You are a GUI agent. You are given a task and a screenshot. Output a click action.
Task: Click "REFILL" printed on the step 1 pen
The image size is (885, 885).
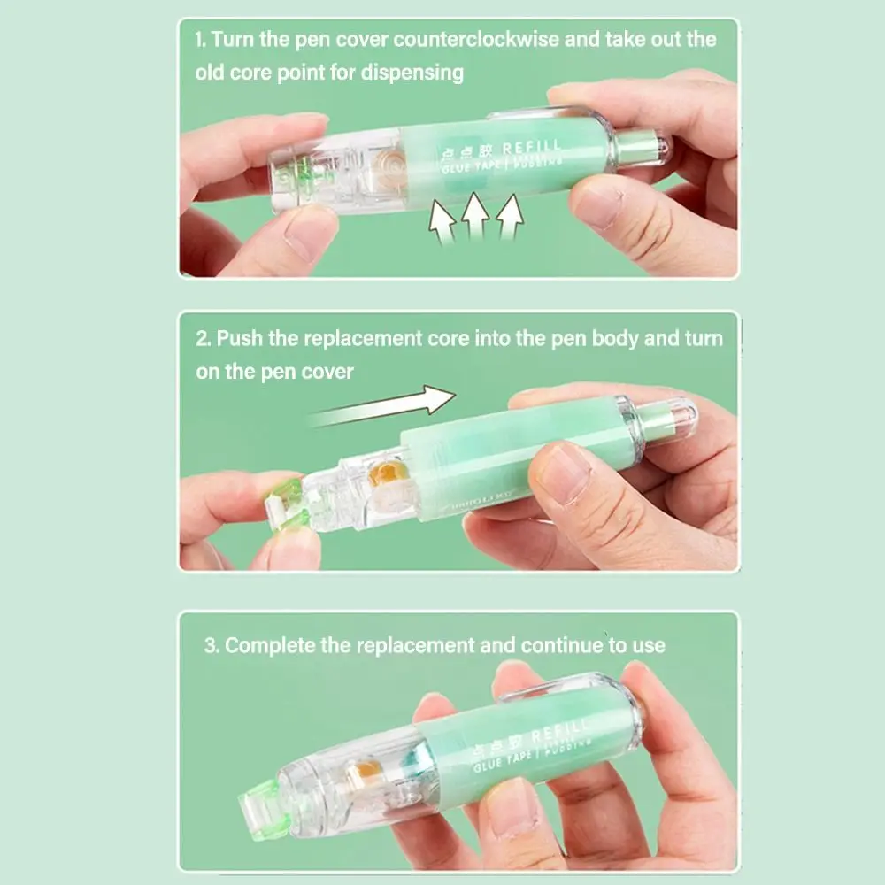coord(531,148)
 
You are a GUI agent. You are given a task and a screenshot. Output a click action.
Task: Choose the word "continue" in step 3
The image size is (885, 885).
coord(562,645)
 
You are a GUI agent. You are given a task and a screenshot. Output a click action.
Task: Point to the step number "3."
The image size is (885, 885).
coord(212,645)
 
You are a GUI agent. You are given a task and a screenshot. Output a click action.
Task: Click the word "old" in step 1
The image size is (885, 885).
coord(212,73)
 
